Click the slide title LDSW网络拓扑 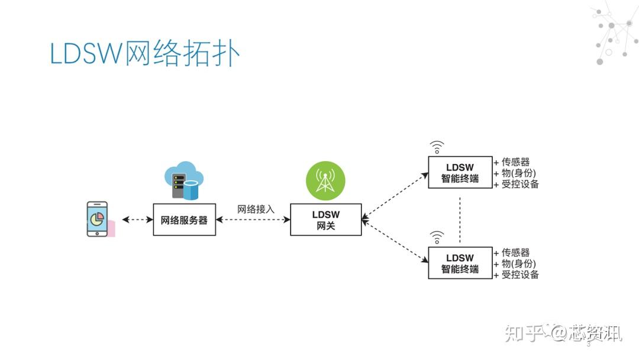pyautogui.click(x=145, y=54)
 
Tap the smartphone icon pyautogui.click(x=98, y=219)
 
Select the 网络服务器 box pyautogui.click(x=184, y=220)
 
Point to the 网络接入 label pyautogui.click(x=256, y=209)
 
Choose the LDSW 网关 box pyautogui.click(x=325, y=220)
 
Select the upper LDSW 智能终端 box pyautogui.click(x=460, y=172)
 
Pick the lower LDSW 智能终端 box pyautogui.click(x=460, y=263)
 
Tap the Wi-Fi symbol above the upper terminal pyautogui.click(x=437, y=147)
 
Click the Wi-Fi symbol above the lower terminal pyautogui.click(x=437, y=237)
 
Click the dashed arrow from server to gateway pyautogui.click(x=253, y=220)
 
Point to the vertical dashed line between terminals pyautogui.click(x=460, y=217)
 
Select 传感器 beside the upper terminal pyautogui.click(x=515, y=162)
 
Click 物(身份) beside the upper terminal pyautogui.click(x=518, y=173)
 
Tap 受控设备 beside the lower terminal pyautogui.click(x=519, y=275)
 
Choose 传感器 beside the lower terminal pyautogui.click(x=515, y=253)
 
